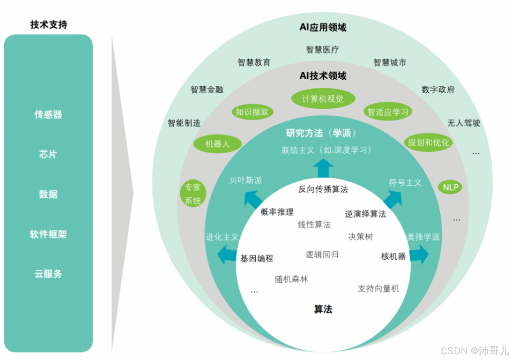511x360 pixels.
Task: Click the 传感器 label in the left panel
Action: pyautogui.click(x=48, y=115)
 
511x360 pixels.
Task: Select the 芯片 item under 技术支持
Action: pyautogui.click(x=48, y=154)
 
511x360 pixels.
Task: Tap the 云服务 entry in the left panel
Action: pyautogui.click(x=48, y=274)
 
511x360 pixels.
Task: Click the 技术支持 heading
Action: pyautogui.click(x=49, y=25)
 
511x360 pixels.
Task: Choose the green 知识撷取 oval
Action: pyautogui.click(x=253, y=112)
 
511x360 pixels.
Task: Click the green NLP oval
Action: pyautogui.click(x=450, y=187)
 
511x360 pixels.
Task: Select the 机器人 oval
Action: pyautogui.click(x=217, y=144)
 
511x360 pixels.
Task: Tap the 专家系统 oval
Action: pyautogui.click(x=192, y=194)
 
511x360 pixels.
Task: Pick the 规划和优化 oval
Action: pyautogui.click(x=428, y=142)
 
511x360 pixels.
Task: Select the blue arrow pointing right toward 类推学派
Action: pyautogui.click(x=418, y=255)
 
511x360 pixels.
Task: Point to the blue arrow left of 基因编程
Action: pyautogui.click(x=228, y=257)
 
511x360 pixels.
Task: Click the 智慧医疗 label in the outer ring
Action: pyautogui.click(x=322, y=50)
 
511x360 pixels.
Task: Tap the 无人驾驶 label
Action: pyautogui.click(x=464, y=123)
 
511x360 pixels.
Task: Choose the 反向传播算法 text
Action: pyautogui.click(x=323, y=189)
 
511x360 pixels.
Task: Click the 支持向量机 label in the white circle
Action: pyautogui.click(x=379, y=288)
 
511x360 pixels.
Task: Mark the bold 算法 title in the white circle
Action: pyautogui.click(x=323, y=309)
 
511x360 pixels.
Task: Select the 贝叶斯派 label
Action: pyautogui.click(x=246, y=181)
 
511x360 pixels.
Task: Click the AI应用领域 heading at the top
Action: pyautogui.click(x=323, y=27)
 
